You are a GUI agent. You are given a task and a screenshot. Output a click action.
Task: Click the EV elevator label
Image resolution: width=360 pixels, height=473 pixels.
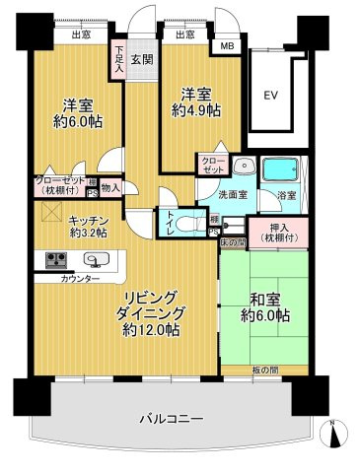pos(270,95)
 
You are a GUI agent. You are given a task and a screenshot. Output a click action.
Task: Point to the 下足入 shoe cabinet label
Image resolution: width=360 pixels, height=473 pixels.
pos(118,54)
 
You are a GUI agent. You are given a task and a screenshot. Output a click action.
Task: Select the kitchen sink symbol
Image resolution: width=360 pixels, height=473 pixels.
pos(96,261)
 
